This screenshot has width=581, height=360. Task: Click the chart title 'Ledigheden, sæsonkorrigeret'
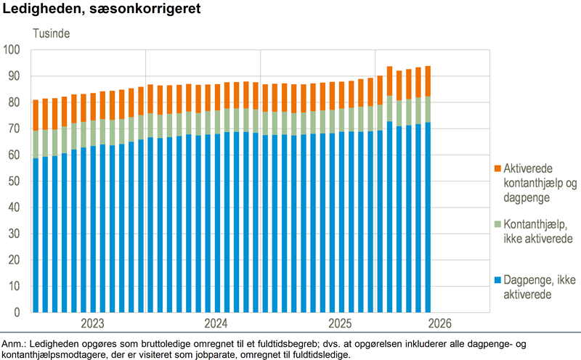pos(102,9)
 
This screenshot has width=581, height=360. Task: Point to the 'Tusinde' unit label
pos(51,33)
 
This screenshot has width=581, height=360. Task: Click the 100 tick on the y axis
pos(12,49)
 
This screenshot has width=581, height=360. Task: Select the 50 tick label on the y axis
pos(14,181)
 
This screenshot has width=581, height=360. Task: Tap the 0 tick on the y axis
pos(17,312)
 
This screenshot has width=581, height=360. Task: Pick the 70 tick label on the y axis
pos(14,128)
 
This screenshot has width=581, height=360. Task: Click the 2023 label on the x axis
pos(93,324)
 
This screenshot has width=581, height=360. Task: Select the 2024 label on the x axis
pos(216,324)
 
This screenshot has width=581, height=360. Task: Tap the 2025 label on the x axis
pos(340,324)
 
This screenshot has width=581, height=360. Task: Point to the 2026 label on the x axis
pos(440,324)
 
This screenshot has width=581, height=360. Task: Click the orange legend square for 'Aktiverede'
pos(497,168)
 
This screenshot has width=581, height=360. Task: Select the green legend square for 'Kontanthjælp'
pos(497,224)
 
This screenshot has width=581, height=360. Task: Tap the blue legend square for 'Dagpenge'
pos(497,279)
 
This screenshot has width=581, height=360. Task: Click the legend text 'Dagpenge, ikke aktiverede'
pos(540,287)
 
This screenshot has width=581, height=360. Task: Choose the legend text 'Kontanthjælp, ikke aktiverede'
pos(538,232)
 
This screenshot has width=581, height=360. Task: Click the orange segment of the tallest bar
pos(428,81)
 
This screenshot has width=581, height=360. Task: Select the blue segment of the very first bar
pos(36,235)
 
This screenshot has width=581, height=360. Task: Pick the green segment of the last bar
pos(428,110)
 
